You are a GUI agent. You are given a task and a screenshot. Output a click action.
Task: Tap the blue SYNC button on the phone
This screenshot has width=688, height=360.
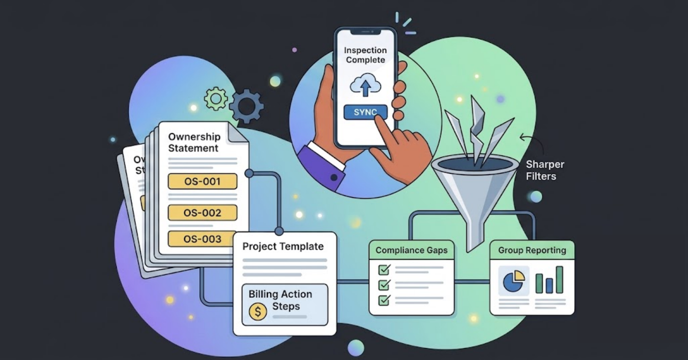tap(365, 112)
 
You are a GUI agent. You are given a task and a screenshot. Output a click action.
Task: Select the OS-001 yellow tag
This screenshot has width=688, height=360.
tap(203, 181)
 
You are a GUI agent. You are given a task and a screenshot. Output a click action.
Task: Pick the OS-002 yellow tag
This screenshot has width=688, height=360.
tap(203, 212)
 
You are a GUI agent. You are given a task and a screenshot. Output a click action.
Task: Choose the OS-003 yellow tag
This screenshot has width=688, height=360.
tap(202, 239)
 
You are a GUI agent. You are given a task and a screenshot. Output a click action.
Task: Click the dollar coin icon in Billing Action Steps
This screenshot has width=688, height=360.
tap(258, 312)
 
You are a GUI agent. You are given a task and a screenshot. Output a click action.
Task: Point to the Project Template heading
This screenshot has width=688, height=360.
tap(283, 246)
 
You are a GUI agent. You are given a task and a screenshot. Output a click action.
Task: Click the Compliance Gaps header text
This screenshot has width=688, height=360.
tap(411, 250)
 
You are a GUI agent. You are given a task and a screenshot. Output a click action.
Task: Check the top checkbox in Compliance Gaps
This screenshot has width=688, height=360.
tap(384, 270)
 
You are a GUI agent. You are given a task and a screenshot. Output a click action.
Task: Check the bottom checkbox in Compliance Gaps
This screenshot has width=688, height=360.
tap(384, 300)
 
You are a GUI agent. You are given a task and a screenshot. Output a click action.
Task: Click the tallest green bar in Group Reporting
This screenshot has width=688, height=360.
tap(559, 279)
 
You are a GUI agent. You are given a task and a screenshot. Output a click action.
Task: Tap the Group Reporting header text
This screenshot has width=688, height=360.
tap(532, 250)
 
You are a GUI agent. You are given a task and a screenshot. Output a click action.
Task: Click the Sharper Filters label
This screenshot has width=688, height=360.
tap(545, 170)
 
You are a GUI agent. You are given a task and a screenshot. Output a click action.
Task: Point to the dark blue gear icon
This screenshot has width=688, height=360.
tap(247, 106)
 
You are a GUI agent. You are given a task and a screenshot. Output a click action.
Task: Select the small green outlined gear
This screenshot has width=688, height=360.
tap(216, 98)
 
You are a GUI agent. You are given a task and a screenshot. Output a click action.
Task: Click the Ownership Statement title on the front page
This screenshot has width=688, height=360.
tap(194, 142)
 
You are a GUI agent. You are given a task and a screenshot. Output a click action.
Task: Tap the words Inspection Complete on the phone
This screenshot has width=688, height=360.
tap(365, 54)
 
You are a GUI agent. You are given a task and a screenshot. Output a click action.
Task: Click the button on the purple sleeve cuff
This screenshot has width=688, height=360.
tap(334, 178)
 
